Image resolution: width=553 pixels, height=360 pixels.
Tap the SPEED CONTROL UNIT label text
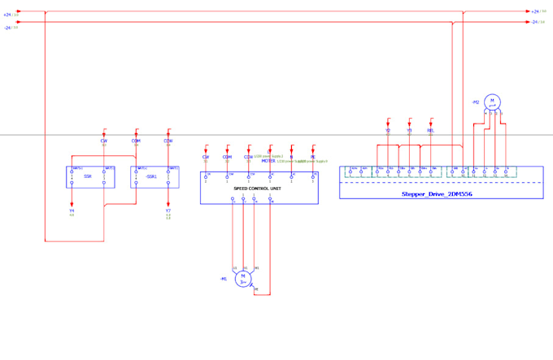[258, 189]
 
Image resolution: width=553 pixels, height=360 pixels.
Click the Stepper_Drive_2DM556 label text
[437, 194]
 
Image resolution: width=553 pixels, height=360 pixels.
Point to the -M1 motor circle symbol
[243, 279]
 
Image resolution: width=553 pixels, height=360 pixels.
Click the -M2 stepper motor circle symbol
[492, 102]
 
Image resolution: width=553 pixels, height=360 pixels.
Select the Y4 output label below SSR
[72, 210]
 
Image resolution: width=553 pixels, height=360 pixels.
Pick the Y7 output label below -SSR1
[168, 210]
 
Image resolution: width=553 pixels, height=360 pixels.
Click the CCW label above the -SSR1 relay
[168, 141]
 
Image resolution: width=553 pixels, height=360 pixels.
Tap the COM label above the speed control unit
[227, 157]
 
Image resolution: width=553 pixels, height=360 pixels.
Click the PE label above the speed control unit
[313, 157]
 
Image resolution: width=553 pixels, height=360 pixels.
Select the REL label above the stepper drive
[431, 130]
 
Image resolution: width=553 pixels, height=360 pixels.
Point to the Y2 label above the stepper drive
[388, 130]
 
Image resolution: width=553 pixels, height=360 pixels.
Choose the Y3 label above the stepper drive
[409, 130]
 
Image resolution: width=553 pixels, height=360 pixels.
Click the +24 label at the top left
[7, 15]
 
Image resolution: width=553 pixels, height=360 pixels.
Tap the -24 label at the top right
[535, 22]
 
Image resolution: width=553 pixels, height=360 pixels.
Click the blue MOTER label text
[268, 161]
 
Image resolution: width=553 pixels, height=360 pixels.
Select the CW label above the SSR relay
[104, 141]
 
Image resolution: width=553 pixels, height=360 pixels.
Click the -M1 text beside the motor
[223, 279]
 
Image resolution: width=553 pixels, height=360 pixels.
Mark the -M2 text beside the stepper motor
[476, 102]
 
